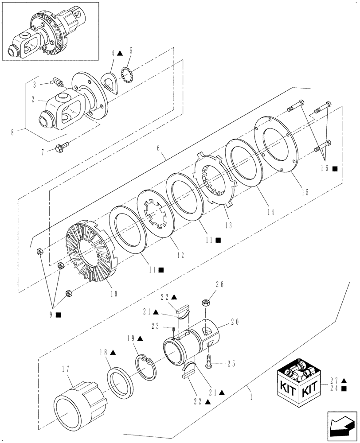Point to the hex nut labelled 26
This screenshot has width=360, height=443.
pyautogui.click(x=206, y=303)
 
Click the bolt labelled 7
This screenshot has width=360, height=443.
pyautogui.click(x=62, y=147)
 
